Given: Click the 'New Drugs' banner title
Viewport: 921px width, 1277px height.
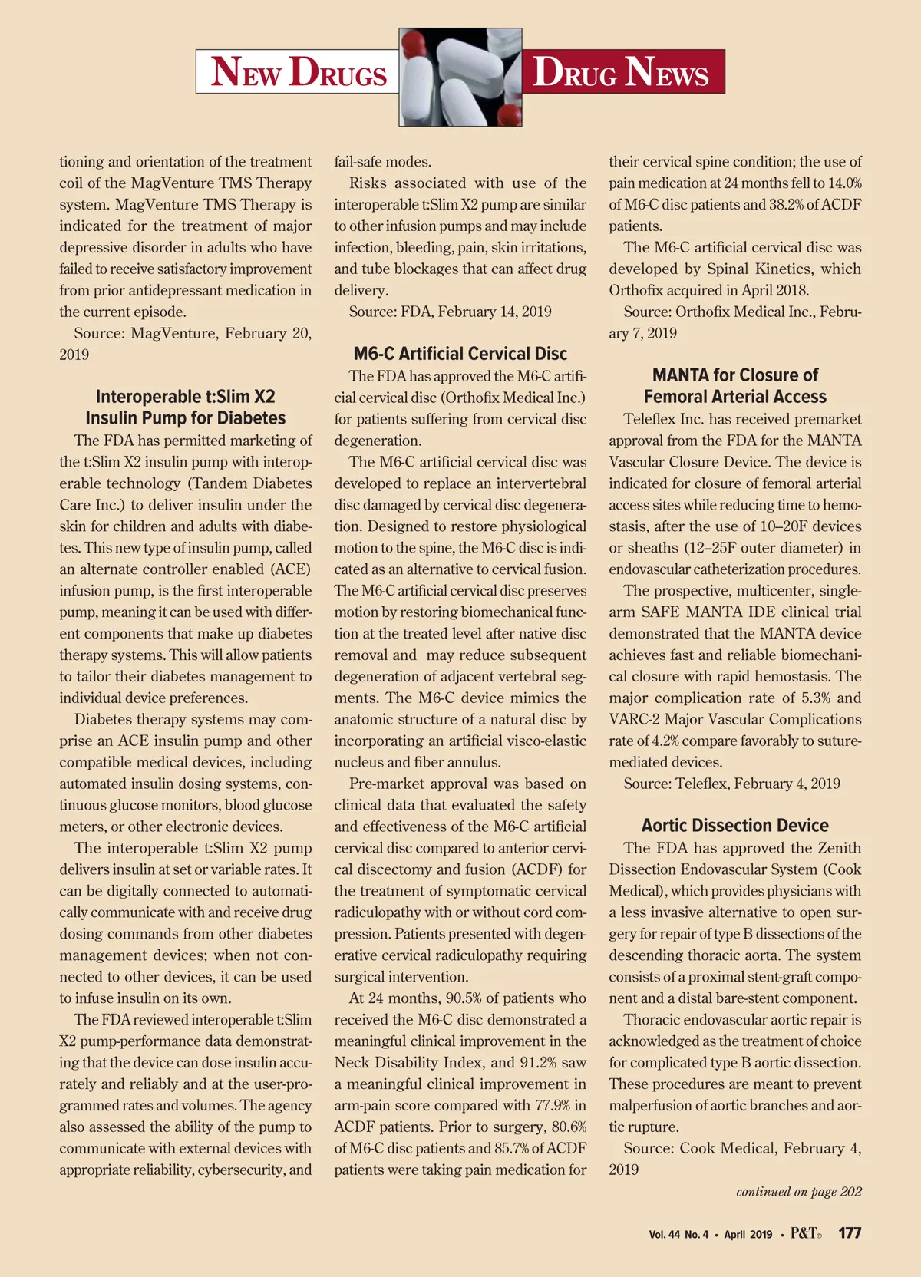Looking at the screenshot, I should [x=299, y=72].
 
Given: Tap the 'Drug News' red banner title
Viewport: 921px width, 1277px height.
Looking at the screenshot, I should [x=621, y=72].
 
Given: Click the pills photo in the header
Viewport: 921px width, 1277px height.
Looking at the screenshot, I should [x=460, y=77].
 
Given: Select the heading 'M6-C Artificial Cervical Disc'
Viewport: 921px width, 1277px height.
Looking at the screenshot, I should [x=460, y=354].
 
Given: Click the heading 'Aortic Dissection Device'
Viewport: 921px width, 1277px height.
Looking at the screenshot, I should [x=734, y=826].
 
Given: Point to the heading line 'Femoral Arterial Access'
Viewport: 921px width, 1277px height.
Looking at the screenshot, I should [x=734, y=397].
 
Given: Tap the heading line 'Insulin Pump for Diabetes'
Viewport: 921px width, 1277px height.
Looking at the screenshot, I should [x=185, y=418].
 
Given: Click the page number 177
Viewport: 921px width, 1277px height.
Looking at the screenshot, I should [x=850, y=1233].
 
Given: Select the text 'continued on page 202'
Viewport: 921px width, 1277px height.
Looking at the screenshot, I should [x=798, y=1192].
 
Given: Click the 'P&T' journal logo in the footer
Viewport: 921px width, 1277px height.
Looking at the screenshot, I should [x=805, y=1233].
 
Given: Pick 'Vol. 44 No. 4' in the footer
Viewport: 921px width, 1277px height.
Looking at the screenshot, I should [x=678, y=1235].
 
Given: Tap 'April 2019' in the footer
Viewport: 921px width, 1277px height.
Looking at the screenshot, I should [x=748, y=1235].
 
